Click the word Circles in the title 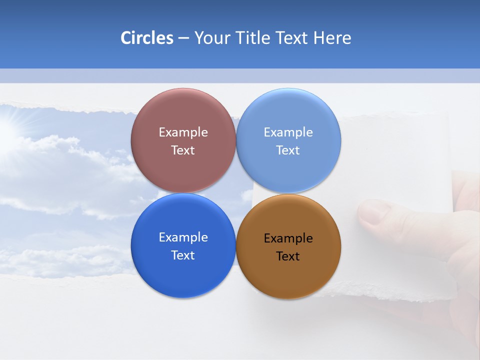(146, 38)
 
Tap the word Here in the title (332, 38)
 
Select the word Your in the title (212, 38)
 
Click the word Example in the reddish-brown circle (183, 132)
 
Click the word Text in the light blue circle (288, 150)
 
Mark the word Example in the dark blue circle (183, 237)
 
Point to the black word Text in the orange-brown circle (288, 256)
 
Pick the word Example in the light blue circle (288, 132)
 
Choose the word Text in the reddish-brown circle (183, 150)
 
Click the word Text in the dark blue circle (183, 255)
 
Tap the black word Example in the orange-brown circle (288, 238)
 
